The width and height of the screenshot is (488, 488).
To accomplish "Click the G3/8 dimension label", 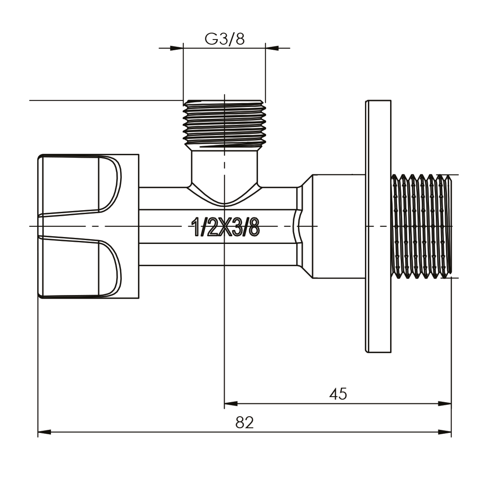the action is point(224,39).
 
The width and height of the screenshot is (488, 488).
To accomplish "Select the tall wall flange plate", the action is point(378,226).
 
